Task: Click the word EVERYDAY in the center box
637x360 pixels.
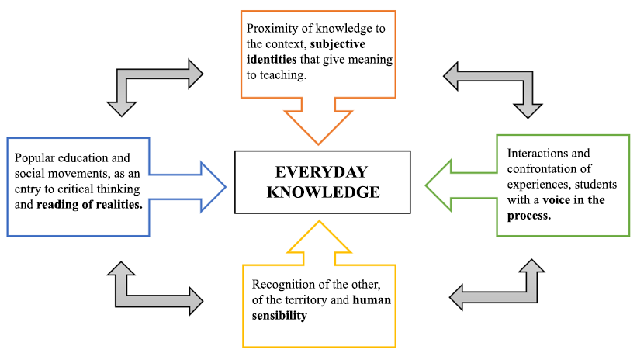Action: (320, 172)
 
